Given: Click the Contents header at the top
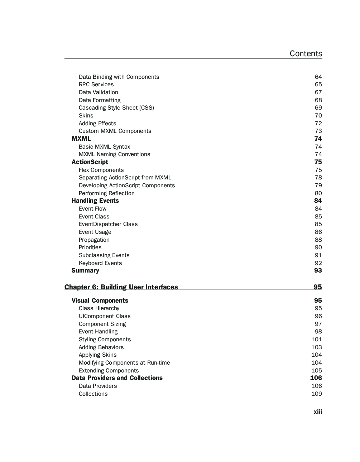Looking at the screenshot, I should [x=306, y=54].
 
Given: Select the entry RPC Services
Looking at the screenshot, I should [x=96, y=85].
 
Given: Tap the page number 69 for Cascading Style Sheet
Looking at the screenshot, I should [x=318, y=108].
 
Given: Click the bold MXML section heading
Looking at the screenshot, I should [x=81, y=139].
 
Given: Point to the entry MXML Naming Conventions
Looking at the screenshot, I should [x=114, y=154].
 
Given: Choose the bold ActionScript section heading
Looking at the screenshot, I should [x=90, y=162].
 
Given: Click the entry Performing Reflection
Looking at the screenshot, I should [x=106, y=193].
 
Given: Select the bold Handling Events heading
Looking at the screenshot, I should [x=95, y=201].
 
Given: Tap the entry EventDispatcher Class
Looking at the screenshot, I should [x=108, y=224].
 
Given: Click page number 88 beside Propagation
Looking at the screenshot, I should [x=318, y=240].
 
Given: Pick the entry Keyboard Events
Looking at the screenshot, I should [x=100, y=263].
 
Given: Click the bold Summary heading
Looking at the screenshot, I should [x=85, y=271].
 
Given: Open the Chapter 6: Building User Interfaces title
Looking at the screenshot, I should [x=121, y=287].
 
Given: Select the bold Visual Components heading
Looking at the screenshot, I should [x=100, y=301].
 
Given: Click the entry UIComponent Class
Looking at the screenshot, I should [x=104, y=316].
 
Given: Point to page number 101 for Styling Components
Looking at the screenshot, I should [x=316, y=340].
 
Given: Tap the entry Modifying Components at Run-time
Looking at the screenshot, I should [x=124, y=363].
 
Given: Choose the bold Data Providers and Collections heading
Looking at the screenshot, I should [x=117, y=378].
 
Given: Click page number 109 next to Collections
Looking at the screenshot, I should [x=316, y=394].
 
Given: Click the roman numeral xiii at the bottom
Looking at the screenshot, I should [x=318, y=412].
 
